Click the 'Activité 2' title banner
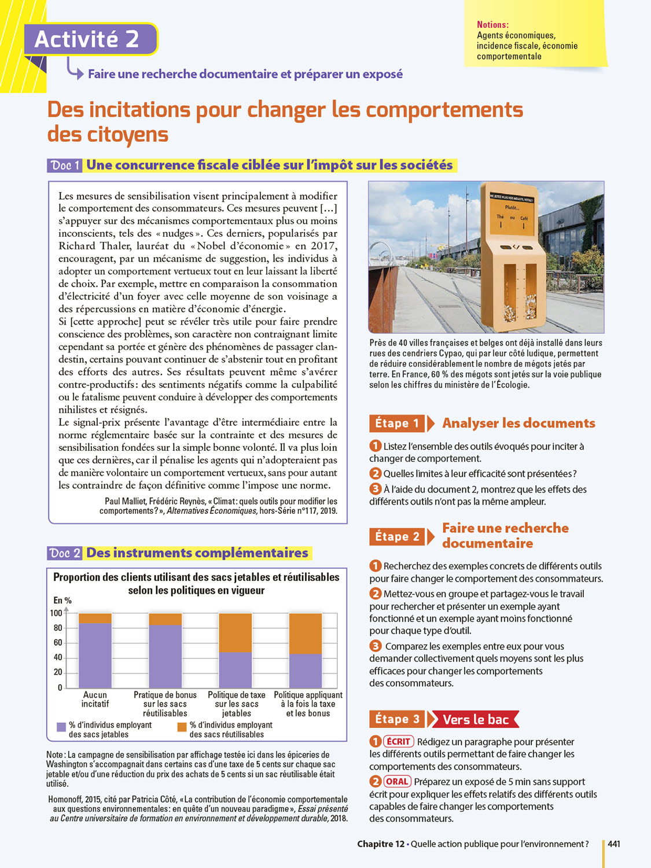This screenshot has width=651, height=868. [90, 39]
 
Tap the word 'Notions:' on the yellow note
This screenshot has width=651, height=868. [492, 25]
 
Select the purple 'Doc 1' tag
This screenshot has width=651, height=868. [65, 165]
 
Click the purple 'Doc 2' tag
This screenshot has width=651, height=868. [65, 553]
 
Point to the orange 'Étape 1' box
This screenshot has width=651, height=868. [396, 424]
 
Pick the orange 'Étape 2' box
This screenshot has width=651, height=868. [396, 536]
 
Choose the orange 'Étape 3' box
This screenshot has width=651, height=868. [396, 719]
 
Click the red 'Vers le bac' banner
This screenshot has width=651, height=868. [475, 719]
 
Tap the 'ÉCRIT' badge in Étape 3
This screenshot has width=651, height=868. [398, 741]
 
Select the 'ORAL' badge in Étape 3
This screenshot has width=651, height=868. [397, 781]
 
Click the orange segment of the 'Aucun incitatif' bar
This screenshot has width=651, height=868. [95, 618]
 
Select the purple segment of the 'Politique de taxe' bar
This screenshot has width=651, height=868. [236, 670]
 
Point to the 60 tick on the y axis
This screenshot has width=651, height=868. [57, 642]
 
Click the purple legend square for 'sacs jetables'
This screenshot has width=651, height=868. [61, 727]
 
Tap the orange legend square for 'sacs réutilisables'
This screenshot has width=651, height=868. [182, 727]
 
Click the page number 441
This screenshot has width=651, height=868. [614, 844]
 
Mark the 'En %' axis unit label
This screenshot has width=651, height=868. [62, 601]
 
